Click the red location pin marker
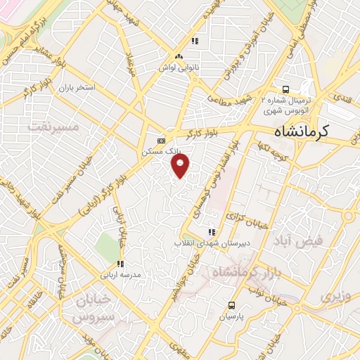pyautogui.click(x=181, y=166)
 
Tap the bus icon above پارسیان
pyautogui.click(x=231, y=305)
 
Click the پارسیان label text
pyautogui.click(x=231, y=317)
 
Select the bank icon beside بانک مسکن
pyautogui.click(x=161, y=139)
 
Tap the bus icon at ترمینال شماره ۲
pyautogui.click(x=285, y=89)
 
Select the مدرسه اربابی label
pyautogui.click(x=127, y=273)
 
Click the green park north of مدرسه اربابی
pyautogui.click(x=108, y=247)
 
